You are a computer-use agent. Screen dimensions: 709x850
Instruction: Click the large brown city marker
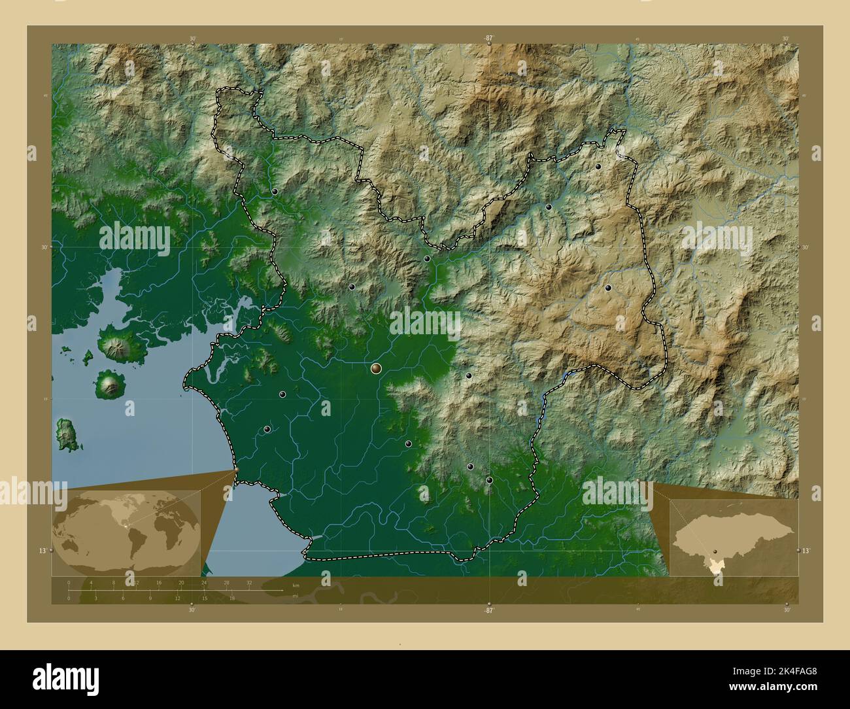pos(376,369)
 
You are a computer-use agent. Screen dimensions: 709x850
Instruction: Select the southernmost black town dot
pos(489,480)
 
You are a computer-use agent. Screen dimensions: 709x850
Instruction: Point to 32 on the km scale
pos(249,582)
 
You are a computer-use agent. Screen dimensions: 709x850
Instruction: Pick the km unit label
pos(296,584)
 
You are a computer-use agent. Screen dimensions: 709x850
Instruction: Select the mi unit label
pos(295,596)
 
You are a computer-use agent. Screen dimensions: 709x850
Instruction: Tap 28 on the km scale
pos(226,582)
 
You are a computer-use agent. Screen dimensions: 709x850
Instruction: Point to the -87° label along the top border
pos(488,39)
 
